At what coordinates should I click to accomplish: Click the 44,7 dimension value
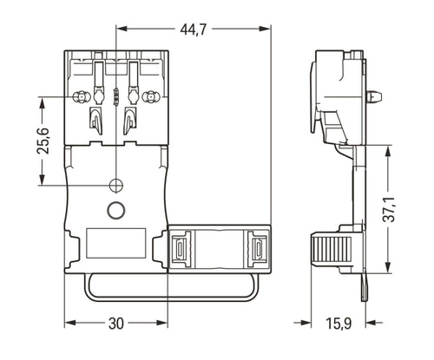click(x=194, y=29)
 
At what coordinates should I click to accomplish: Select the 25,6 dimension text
click(x=43, y=141)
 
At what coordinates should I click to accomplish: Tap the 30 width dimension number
click(x=116, y=324)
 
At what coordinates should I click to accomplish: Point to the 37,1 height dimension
click(x=389, y=209)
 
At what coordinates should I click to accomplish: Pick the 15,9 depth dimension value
click(x=339, y=324)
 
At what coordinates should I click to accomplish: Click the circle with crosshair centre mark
click(x=116, y=185)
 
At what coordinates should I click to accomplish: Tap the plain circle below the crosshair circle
click(x=116, y=210)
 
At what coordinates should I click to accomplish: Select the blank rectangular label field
click(x=116, y=243)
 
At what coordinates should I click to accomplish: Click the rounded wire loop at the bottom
click(x=172, y=299)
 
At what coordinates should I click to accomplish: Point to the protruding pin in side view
click(x=374, y=96)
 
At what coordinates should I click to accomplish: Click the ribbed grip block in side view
click(x=331, y=248)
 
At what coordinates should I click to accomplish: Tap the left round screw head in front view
click(x=80, y=97)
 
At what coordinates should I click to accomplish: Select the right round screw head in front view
click(x=150, y=97)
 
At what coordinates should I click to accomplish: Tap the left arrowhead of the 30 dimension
click(x=70, y=323)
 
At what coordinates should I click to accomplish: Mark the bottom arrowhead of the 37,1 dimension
click(x=388, y=267)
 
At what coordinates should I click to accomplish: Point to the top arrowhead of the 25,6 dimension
click(x=43, y=103)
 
